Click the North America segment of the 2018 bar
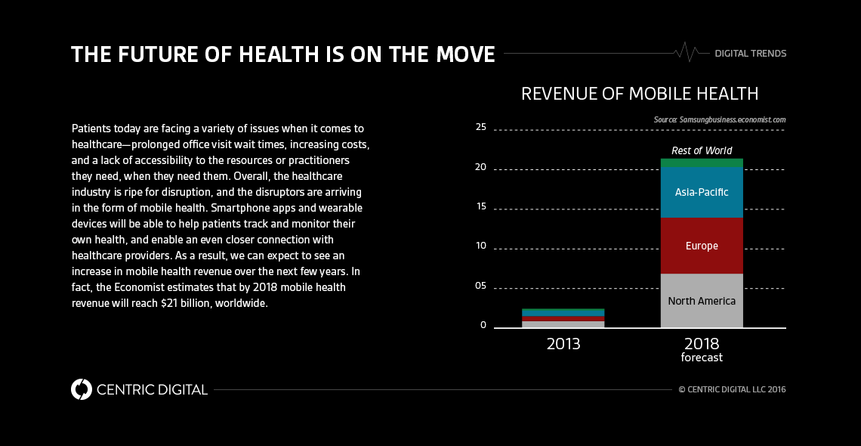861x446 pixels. (x=702, y=301)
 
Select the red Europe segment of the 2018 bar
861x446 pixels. (x=702, y=246)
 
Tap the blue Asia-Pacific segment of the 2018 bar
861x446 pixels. (x=702, y=192)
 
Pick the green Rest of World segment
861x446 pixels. (x=702, y=163)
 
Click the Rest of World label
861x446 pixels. (x=702, y=150)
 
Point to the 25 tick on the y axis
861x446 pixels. (x=481, y=127)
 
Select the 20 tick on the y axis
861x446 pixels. (x=481, y=167)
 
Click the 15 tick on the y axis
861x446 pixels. (x=481, y=207)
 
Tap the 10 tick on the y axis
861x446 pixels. (x=481, y=246)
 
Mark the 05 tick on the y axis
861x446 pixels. (x=481, y=286)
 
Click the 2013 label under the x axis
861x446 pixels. (x=563, y=344)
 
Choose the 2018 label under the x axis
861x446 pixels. (x=702, y=343)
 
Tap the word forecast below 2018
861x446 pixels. (x=702, y=358)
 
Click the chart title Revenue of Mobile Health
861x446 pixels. (x=640, y=94)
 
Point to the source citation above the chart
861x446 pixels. (x=720, y=119)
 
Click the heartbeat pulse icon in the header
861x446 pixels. (x=687, y=52)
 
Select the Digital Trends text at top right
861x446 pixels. (x=750, y=54)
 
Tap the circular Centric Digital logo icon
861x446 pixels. (x=82, y=389)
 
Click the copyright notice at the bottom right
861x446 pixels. (x=732, y=390)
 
